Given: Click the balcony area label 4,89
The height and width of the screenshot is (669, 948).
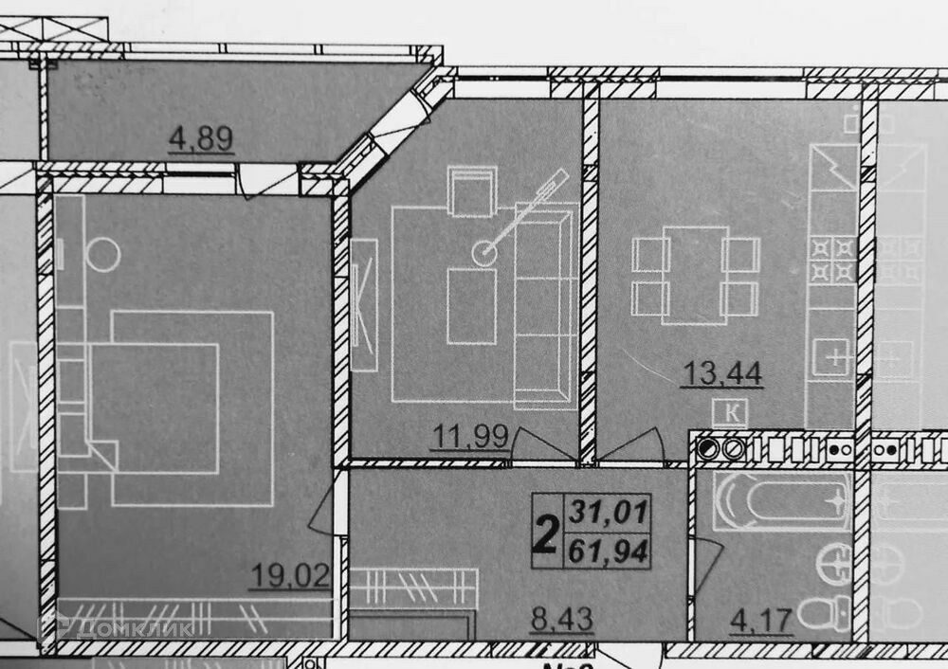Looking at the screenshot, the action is coord(201,139).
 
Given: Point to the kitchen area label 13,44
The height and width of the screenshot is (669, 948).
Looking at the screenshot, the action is coord(720,373).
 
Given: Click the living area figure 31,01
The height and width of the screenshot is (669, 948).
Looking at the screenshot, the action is coord(608,515).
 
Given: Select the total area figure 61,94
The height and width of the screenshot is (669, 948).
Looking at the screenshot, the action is coord(608,550).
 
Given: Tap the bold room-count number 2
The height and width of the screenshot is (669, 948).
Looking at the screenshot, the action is coord(545,533).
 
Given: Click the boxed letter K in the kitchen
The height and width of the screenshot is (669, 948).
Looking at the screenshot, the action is coord(731,411).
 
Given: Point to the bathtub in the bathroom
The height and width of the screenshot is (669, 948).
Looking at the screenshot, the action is coord(781,499).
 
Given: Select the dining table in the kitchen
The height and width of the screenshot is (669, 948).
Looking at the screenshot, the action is coord(696,274).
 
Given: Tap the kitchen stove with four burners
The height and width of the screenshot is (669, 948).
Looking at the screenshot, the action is coord(831,261).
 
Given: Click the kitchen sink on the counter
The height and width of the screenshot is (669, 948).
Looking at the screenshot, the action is coord(831,358).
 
